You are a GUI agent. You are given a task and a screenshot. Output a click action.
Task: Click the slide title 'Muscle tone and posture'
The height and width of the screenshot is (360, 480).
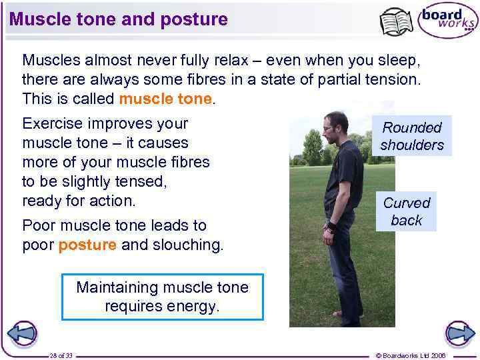coord(119,19)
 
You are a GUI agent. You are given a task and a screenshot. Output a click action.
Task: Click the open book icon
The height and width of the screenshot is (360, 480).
coord(396,22)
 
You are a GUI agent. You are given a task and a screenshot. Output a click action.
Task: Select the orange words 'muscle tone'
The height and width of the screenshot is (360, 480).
coord(165,99)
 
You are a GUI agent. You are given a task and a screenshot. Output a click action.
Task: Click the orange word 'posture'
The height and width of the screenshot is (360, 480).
coord(87,245)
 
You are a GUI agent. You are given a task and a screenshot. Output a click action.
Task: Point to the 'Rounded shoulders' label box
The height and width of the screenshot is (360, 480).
coord(411,136)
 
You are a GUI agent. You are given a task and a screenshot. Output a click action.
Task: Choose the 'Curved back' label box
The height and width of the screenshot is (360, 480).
coord(406,211)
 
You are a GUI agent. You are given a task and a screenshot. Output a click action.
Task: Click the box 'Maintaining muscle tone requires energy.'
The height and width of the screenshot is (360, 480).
coord(162,297)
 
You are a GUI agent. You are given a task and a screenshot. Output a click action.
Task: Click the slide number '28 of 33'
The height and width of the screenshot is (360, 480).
coord(61,355)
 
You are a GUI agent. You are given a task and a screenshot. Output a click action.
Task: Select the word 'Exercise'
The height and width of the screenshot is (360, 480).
coord(52,124)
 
